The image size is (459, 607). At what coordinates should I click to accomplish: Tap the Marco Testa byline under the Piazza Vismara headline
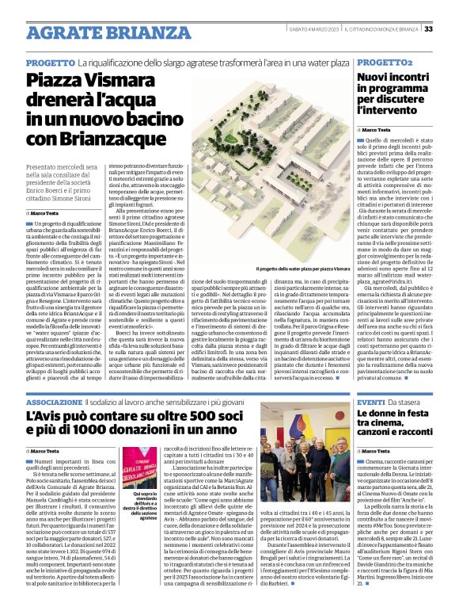tap(44, 213)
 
